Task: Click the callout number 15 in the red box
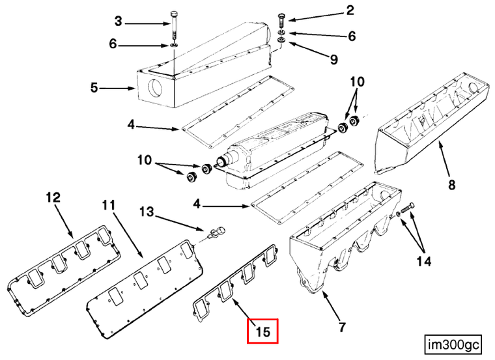pyautogui.click(x=263, y=331)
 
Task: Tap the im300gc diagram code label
pyautogui.click(x=453, y=344)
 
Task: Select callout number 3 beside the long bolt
pyautogui.click(x=118, y=21)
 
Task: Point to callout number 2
pyautogui.click(x=350, y=10)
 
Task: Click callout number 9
pyautogui.click(x=333, y=59)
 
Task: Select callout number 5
pyautogui.click(x=94, y=87)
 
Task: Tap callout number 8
pyautogui.click(x=452, y=185)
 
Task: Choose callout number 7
pyautogui.click(x=342, y=327)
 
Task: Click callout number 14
pyautogui.click(x=423, y=261)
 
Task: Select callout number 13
pyautogui.click(x=147, y=212)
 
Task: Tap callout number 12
pyautogui.click(x=53, y=197)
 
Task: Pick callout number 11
pyautogui.click(x=108, y=206)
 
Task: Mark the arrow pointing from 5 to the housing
pyautogui.click(x=117, y=89)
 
